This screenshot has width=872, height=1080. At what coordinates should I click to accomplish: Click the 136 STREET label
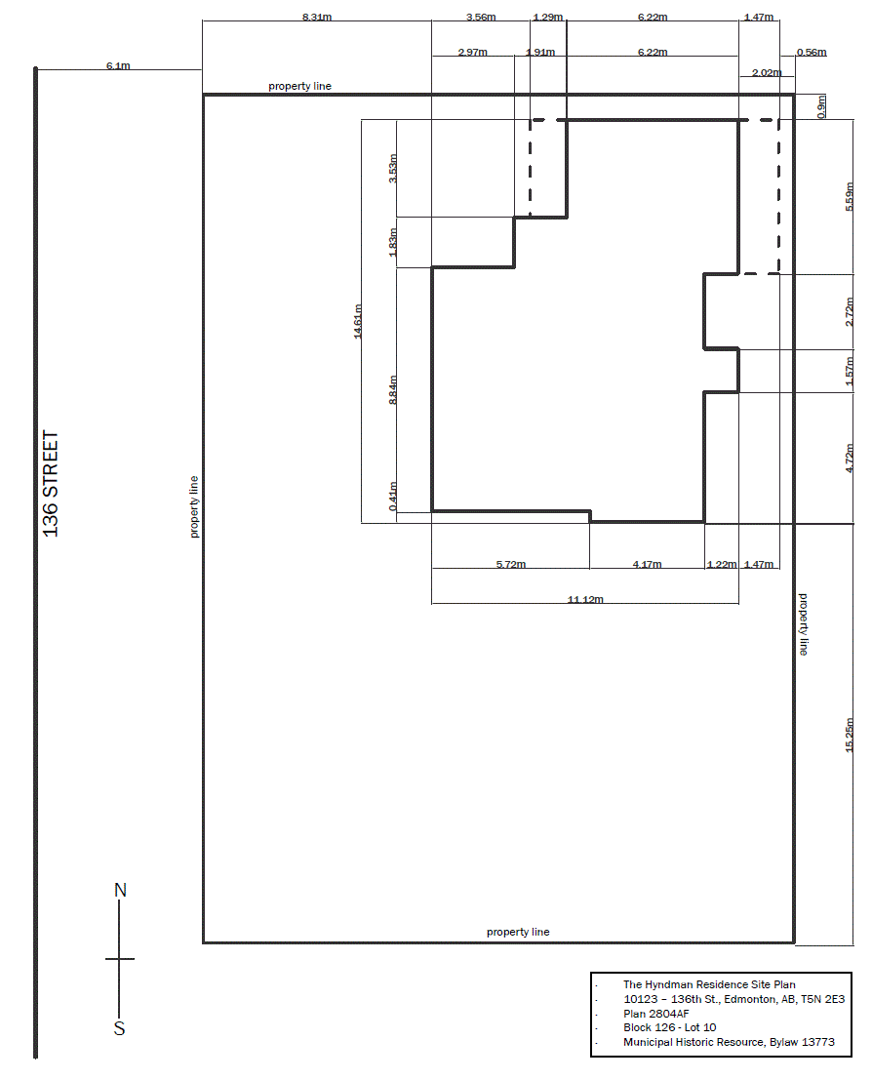[x=51, y=484]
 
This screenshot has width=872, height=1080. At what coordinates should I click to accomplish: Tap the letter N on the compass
[x=121, y=890]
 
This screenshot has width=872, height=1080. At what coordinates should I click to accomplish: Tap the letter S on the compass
[x=119, y=1028]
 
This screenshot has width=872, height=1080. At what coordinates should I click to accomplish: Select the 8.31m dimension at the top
[x=317, y=17]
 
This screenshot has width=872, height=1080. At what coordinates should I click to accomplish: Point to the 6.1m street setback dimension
[x=118, y=65]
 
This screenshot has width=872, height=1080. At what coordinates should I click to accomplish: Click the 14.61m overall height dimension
[x=357, y=321]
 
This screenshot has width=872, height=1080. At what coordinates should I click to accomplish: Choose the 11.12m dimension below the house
[x=585, y=599]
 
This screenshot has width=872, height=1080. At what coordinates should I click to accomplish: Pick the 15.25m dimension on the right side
[x=850, y=735]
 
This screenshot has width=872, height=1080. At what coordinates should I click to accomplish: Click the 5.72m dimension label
[x=511, y=564]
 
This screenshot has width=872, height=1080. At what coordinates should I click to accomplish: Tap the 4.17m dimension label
[x=648, y=564]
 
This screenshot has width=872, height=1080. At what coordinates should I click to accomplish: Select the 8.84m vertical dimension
[x=393, y=390]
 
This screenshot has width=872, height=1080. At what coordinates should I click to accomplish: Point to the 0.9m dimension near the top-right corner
[x=821, y=106]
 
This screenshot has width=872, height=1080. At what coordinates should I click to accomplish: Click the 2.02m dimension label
[x=767, y=72]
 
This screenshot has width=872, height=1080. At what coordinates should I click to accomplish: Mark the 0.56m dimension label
[x=812, y=52]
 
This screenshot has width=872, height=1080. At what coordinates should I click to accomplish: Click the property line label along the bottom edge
[x=518, y=932]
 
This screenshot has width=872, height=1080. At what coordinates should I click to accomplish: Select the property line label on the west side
[x=194, y=507]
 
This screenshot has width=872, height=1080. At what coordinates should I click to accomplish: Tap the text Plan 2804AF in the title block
[x=655, y=1014]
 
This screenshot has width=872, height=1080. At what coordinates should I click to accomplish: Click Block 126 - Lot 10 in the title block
[x=669, y=1027]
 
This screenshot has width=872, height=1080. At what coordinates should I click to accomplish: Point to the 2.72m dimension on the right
[x=850, y=312]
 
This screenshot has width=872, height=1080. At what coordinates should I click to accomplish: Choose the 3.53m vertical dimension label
[x=393, y=168]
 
